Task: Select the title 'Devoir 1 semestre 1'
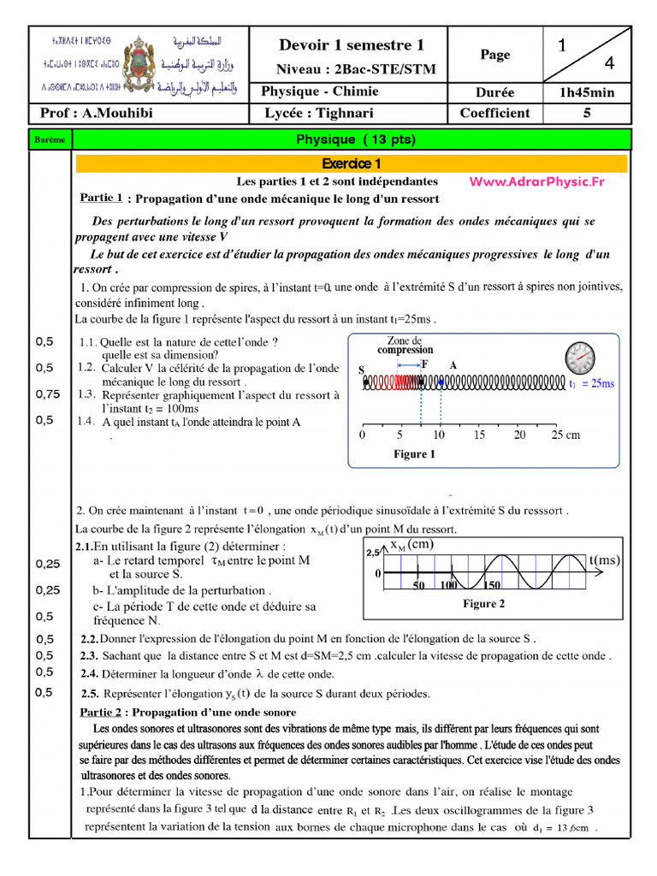352,45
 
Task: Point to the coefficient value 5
587,113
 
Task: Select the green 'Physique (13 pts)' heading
355,139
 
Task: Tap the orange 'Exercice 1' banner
352,163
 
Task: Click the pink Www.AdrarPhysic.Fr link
536,181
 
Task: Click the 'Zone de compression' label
405,345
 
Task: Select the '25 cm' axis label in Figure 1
565,435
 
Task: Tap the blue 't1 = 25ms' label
592,384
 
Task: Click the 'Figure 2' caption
484,604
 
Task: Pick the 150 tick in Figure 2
490,585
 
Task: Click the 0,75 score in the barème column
48,394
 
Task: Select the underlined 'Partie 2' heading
103,712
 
